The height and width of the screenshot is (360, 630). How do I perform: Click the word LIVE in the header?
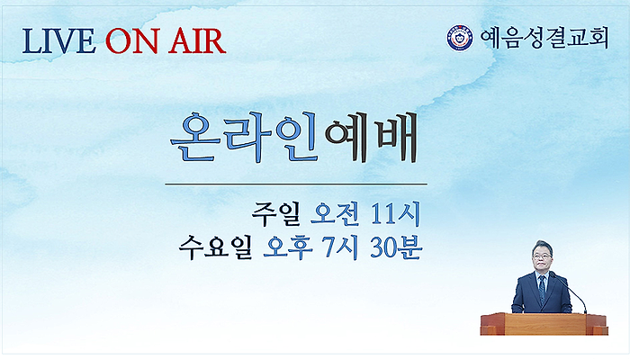click(58, 40)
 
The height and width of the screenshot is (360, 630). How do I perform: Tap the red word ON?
click(131, 40)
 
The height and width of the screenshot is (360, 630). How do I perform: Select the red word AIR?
click(197, 40)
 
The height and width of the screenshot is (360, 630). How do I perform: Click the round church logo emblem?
click(460, 38)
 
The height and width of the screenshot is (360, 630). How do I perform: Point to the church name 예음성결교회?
click(544, 38)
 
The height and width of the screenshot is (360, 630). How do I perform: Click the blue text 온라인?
click(245, 138)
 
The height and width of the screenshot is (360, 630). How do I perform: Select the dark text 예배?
click(372, 138)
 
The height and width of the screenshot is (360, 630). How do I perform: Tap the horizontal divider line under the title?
click(296, 184)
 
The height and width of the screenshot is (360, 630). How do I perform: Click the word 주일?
click(276, 214)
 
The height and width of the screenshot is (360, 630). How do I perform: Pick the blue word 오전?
click(335, 214)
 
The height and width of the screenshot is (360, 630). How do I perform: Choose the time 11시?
click(396, 214)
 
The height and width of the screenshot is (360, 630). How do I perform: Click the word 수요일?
click(215, 247)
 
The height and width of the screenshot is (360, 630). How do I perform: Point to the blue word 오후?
click(288, 247)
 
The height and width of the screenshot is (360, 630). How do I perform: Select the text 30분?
click(396, 247)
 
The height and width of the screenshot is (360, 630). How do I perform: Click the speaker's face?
click(541, 257)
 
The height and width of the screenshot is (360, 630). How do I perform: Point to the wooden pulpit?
click(544, 324)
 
